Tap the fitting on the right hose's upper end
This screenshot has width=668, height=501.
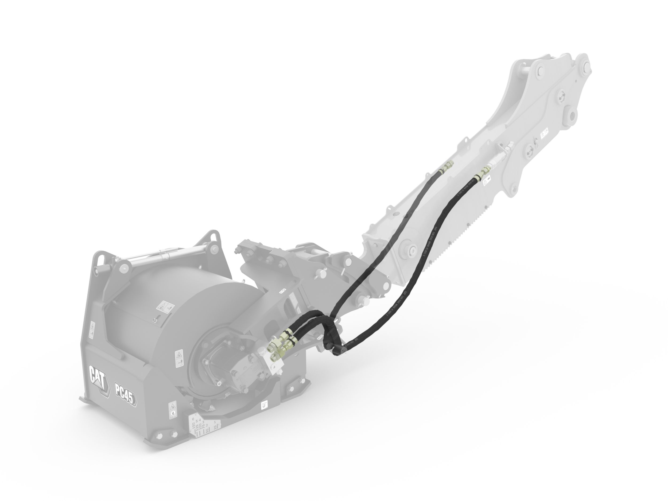coord(482,173)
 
